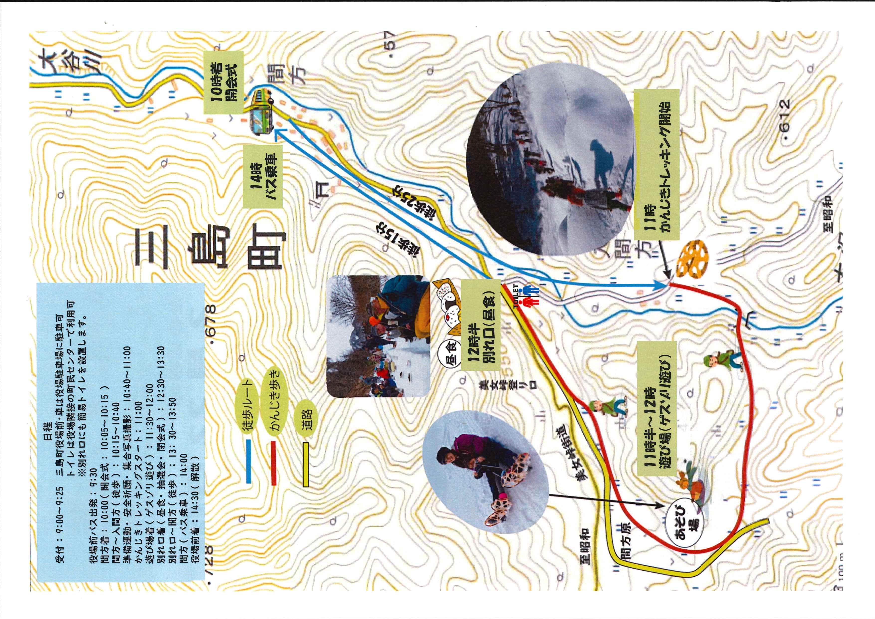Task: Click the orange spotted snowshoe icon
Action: [x=692, y=259]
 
